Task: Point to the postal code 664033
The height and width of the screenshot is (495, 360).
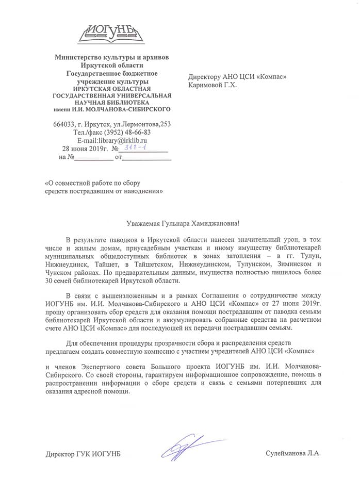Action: pos(63,124)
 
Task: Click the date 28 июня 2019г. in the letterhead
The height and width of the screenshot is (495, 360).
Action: pos(80,148)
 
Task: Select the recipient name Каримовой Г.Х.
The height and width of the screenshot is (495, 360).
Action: pos(212,85)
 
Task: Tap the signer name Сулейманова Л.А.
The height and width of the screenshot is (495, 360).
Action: pos(293,454)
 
